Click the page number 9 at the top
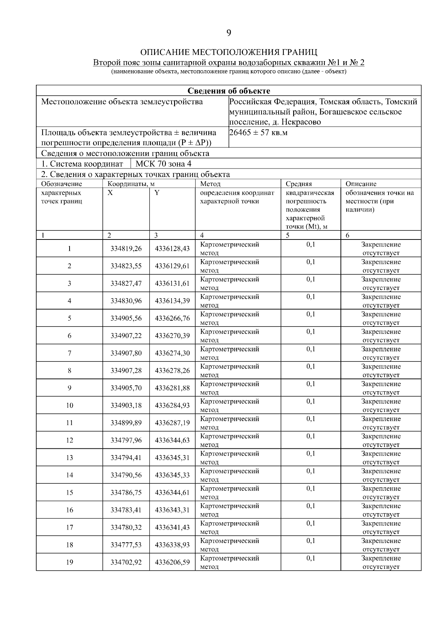point(229,33)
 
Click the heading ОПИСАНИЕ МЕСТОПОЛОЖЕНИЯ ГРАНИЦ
point(229,52)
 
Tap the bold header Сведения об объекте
point(229,91)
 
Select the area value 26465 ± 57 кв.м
point(259,132)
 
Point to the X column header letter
point(110,193)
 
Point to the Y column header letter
point(157,193)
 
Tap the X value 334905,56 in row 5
point(126,318)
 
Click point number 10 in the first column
point(69,405)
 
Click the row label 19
point(69,562)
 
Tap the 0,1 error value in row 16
point(311,506)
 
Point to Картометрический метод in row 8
point(229,371)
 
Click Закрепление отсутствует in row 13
point(381,457)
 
